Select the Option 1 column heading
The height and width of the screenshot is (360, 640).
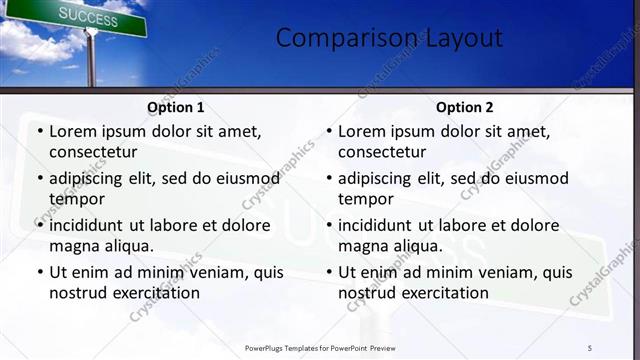(176, 107)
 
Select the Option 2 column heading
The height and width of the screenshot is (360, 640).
(465, 107)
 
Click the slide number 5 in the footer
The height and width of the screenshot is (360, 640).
(591, 347)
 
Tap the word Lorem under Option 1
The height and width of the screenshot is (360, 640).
(72, 131)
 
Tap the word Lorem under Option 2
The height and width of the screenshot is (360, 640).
(361, 131)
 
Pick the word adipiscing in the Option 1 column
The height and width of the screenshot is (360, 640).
(88, 178)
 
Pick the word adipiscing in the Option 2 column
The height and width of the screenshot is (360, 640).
(377, 178)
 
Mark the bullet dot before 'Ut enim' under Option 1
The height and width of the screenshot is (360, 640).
(39, 272)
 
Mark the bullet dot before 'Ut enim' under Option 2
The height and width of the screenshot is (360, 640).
(328, 272)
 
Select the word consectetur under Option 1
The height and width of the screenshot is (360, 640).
(93, 153)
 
